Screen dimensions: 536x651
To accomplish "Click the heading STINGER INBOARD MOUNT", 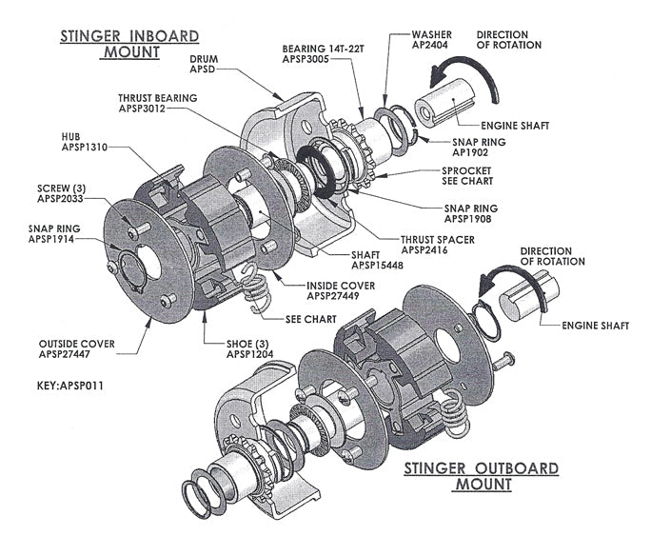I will pyautogui.click(x=129, y=44).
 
